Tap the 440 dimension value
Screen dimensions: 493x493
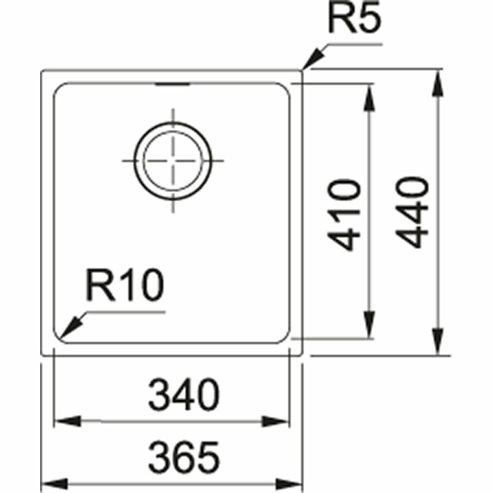[412, 212]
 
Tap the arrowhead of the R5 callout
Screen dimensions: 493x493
[311, 62]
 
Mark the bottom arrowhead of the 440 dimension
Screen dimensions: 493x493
[437, 343]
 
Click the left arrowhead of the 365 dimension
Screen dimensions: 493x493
[53, 482]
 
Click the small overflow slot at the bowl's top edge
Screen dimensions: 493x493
[172, 85]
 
